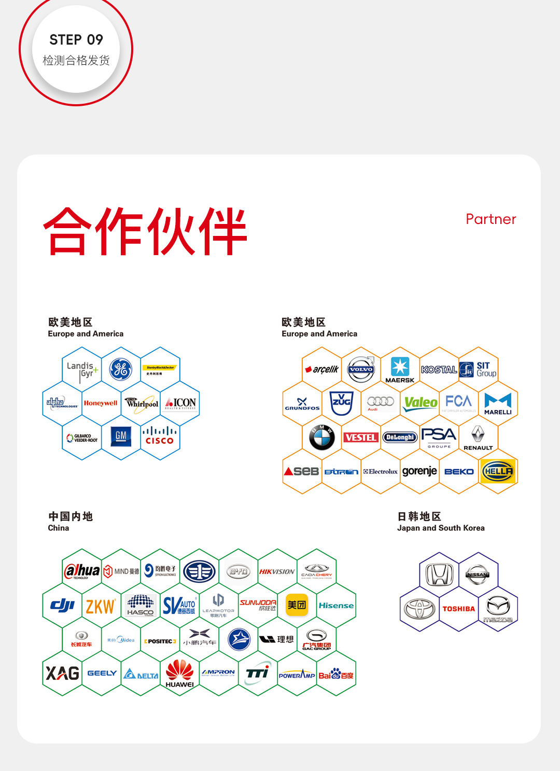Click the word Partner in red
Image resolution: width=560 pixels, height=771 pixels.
point(491,219)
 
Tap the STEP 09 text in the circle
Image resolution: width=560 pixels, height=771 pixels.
point(76,40)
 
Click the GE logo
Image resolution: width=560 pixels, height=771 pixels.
point(121,369)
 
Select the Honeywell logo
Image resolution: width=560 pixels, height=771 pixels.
point(101,403)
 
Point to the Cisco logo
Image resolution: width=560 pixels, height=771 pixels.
point(160,436)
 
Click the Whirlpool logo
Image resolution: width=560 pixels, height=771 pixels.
point(142,403)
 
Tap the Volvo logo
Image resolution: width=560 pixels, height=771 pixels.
point(361,369)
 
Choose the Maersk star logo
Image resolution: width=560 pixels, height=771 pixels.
point(400,367)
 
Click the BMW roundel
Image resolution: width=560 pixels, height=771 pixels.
point(322,437)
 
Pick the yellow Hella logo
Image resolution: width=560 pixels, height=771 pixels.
point(498,471)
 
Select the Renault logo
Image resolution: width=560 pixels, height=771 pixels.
point(478,437)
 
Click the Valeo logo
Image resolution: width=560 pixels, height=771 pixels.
point(421,403)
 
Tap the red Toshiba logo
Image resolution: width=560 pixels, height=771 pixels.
point(459,609)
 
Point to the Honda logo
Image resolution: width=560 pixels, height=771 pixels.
point(439,574)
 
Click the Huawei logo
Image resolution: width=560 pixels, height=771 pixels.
point(179,673)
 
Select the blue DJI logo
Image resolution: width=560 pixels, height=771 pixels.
point(62,605)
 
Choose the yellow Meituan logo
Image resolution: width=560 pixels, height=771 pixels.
point(297,605)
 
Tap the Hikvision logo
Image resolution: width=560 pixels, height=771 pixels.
point(277,571)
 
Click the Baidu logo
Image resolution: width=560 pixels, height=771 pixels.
point(336,675)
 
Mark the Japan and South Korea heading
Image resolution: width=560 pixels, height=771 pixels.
point(441,528)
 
